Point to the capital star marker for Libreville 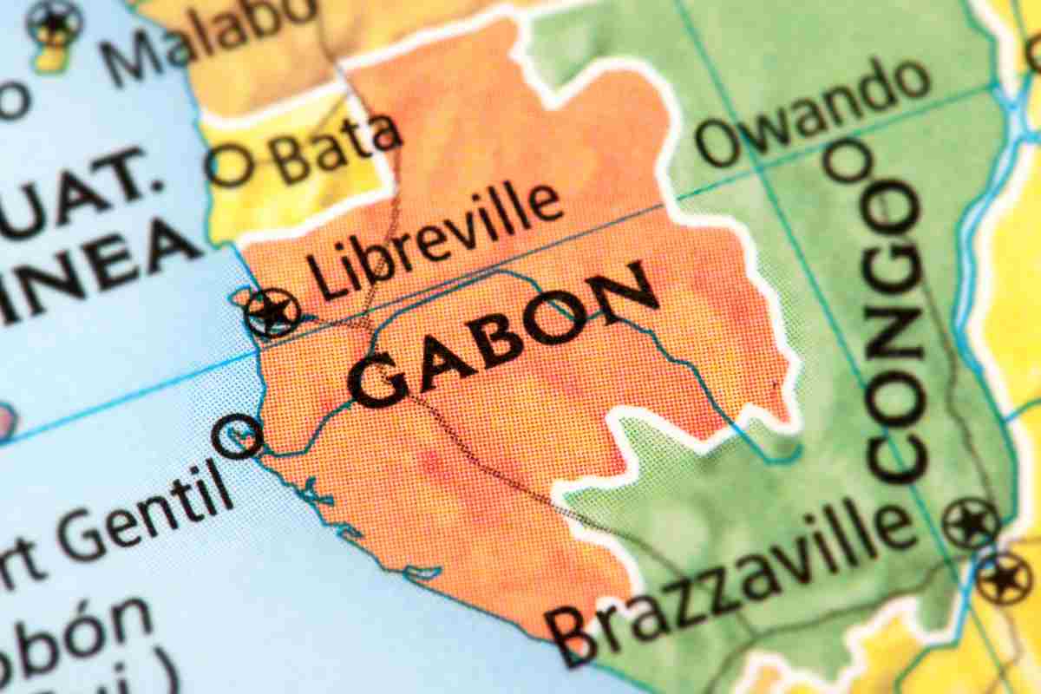pos(272,313)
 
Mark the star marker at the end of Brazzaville pos(971,523)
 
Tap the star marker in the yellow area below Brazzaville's pos(1005,579)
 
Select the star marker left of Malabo pos(55,22)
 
